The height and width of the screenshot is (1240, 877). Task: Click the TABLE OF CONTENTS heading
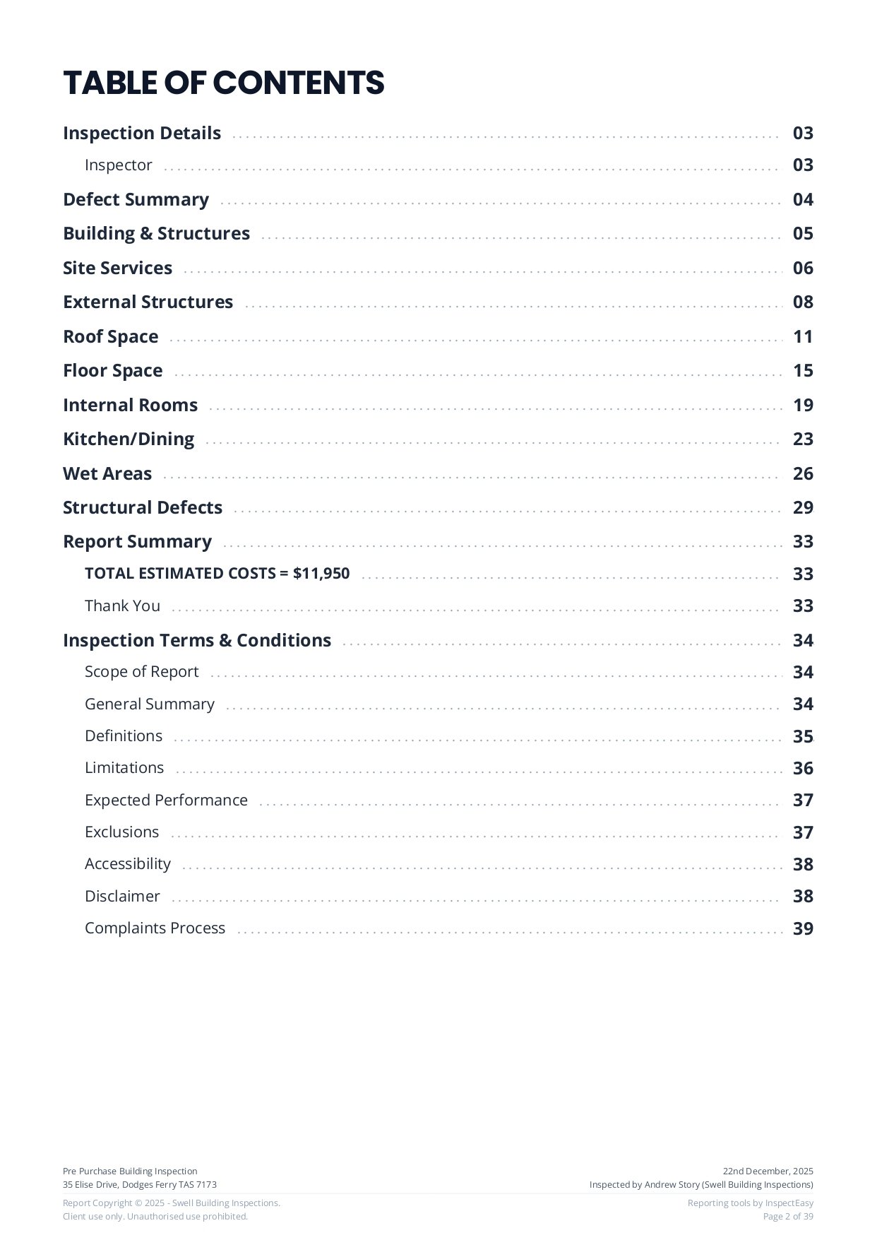point(223,83)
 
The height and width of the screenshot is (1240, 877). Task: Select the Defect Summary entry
point(136,200)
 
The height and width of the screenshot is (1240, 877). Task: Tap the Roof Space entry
point(110,337)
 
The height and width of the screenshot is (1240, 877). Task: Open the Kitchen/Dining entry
point(128,439)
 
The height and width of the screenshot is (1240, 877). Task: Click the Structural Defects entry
point(142,508)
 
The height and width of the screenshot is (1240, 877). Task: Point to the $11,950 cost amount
point(321,574)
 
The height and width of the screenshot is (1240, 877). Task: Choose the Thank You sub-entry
point(122,606)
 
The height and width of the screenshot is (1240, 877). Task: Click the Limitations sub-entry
point(124,768)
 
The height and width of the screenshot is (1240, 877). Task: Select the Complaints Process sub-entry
point(155,928)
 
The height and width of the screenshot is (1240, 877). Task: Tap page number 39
point(803,929)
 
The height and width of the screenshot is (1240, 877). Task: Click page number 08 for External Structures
point(803,302)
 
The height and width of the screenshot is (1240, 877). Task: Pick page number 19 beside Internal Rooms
point(803,406)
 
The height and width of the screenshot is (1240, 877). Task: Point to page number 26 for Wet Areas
point(803,474)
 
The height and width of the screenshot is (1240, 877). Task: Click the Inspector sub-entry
point(118,165)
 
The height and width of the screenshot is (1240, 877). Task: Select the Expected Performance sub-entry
point(166,801)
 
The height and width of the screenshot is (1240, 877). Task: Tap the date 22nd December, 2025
point(768,1171)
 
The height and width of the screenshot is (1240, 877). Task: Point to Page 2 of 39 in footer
point(788,1217)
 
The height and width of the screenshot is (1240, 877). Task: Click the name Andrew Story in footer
point(672,1185)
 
